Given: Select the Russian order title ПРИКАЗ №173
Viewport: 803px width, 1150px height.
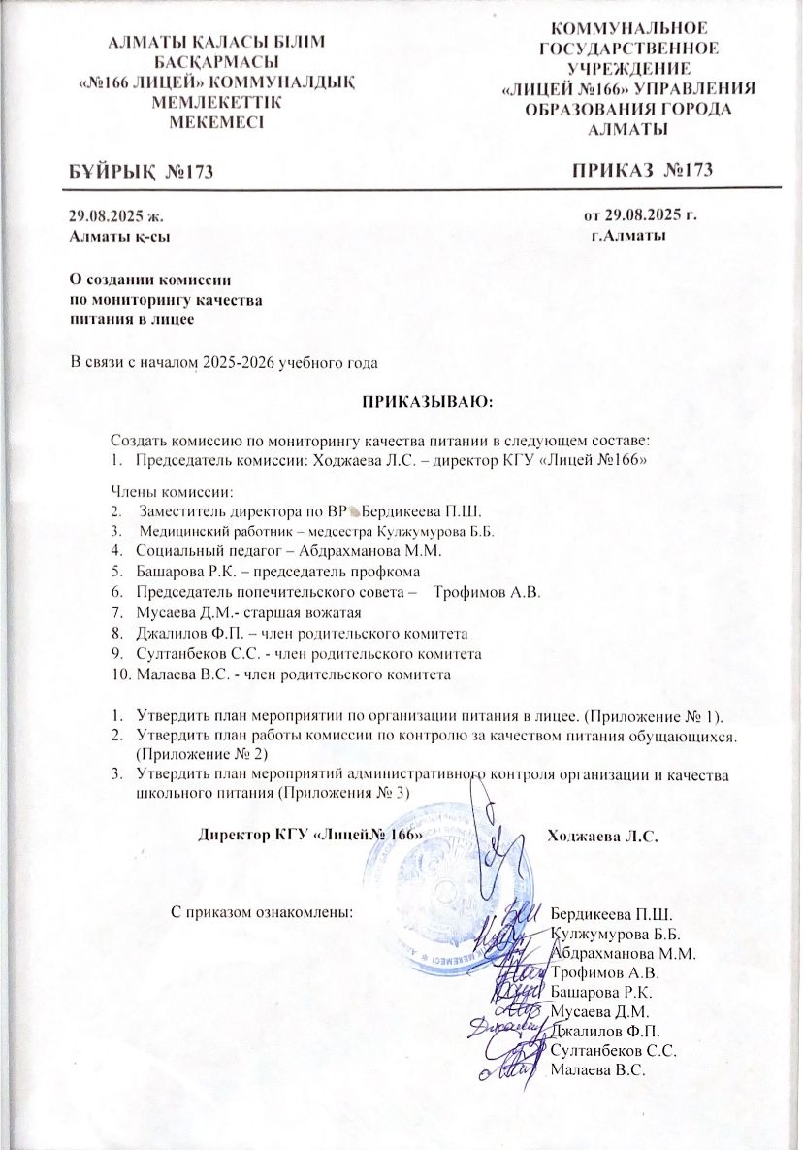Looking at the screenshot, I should coord(642,171).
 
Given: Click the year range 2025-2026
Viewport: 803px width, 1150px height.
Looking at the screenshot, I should coord(237,364).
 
